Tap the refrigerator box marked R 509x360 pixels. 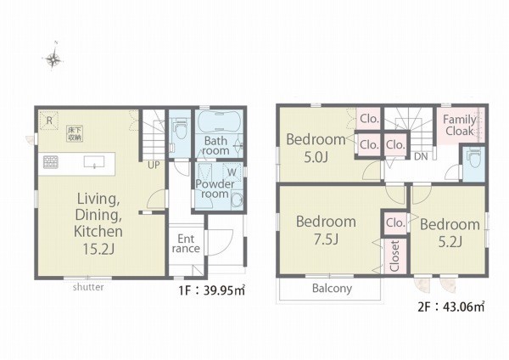click(49, 121)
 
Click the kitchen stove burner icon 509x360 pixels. click(51, 162)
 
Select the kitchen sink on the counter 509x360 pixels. click(94, 162)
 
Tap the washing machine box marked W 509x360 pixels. click(232, 172)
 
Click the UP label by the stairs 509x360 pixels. click(154, 165)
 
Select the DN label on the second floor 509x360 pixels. click(421, 156)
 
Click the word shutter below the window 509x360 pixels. click(88, 287)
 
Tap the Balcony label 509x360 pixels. click(332, 288)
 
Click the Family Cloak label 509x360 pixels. click(460, 126)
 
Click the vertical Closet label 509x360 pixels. click(394, 256)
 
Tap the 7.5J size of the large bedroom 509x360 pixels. click(326, 239)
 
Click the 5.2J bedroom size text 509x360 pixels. click(450, 241)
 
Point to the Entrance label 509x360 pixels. click(186, 244)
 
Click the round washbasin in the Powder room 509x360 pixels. click(237, 200)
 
